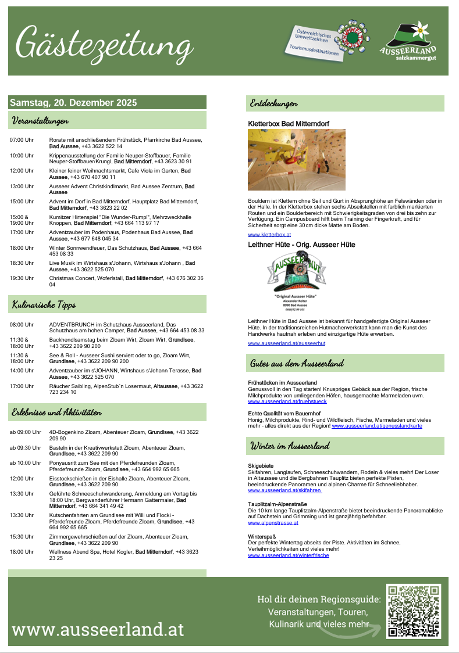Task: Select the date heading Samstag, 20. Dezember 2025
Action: point(73,103)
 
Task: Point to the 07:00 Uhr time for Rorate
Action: point(22,140)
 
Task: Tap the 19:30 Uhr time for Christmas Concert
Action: point(22,278)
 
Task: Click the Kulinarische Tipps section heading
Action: point(44,304)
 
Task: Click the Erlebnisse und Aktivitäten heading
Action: point(57,412)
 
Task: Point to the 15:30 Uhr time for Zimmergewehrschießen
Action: point(22,537)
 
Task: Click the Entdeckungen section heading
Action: point(274,103)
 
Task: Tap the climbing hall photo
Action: point(296,159)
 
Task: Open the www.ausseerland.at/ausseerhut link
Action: point(286,343)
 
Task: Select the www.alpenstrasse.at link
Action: point(273,523)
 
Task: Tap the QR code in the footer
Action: point(414,612)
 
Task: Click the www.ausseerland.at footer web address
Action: point(98,630)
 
